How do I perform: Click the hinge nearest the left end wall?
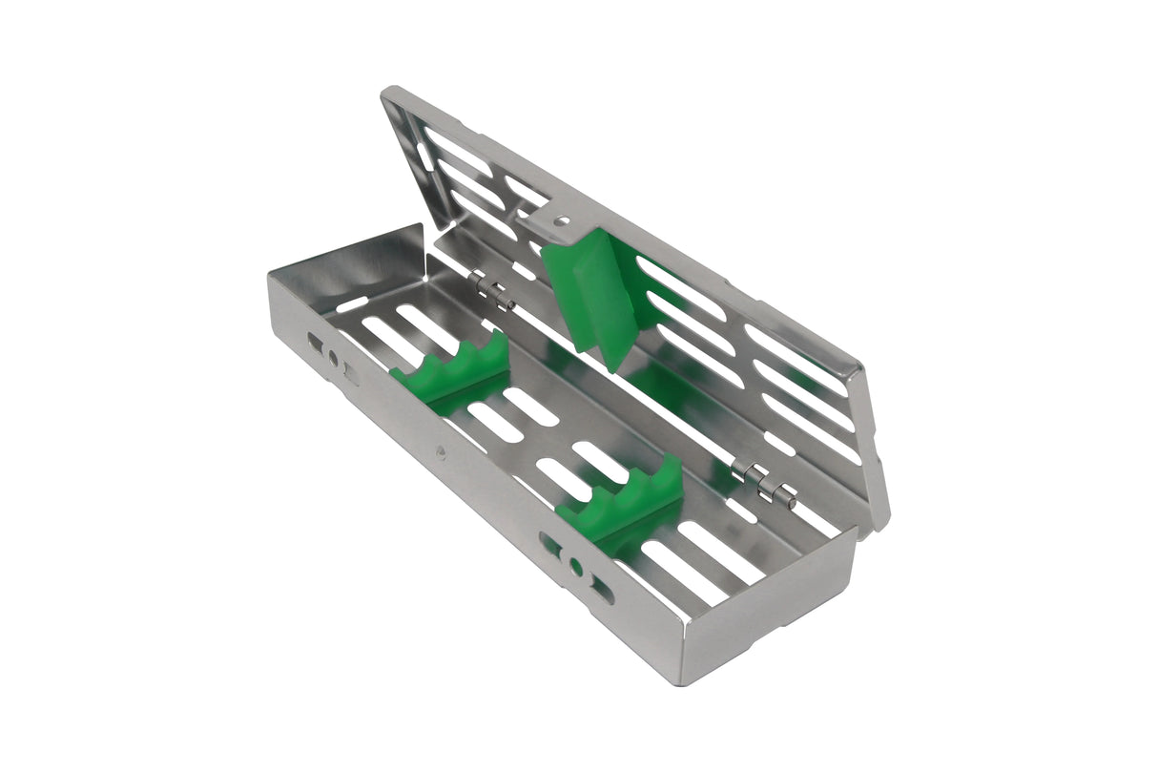tap(491, 291)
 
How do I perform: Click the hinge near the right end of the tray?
tap(764, 482)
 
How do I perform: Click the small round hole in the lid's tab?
tap(563, 220)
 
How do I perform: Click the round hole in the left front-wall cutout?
tap(333, 359)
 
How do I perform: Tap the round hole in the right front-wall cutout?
tap(576, 567)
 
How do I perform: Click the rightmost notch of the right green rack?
tap(672, 469)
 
